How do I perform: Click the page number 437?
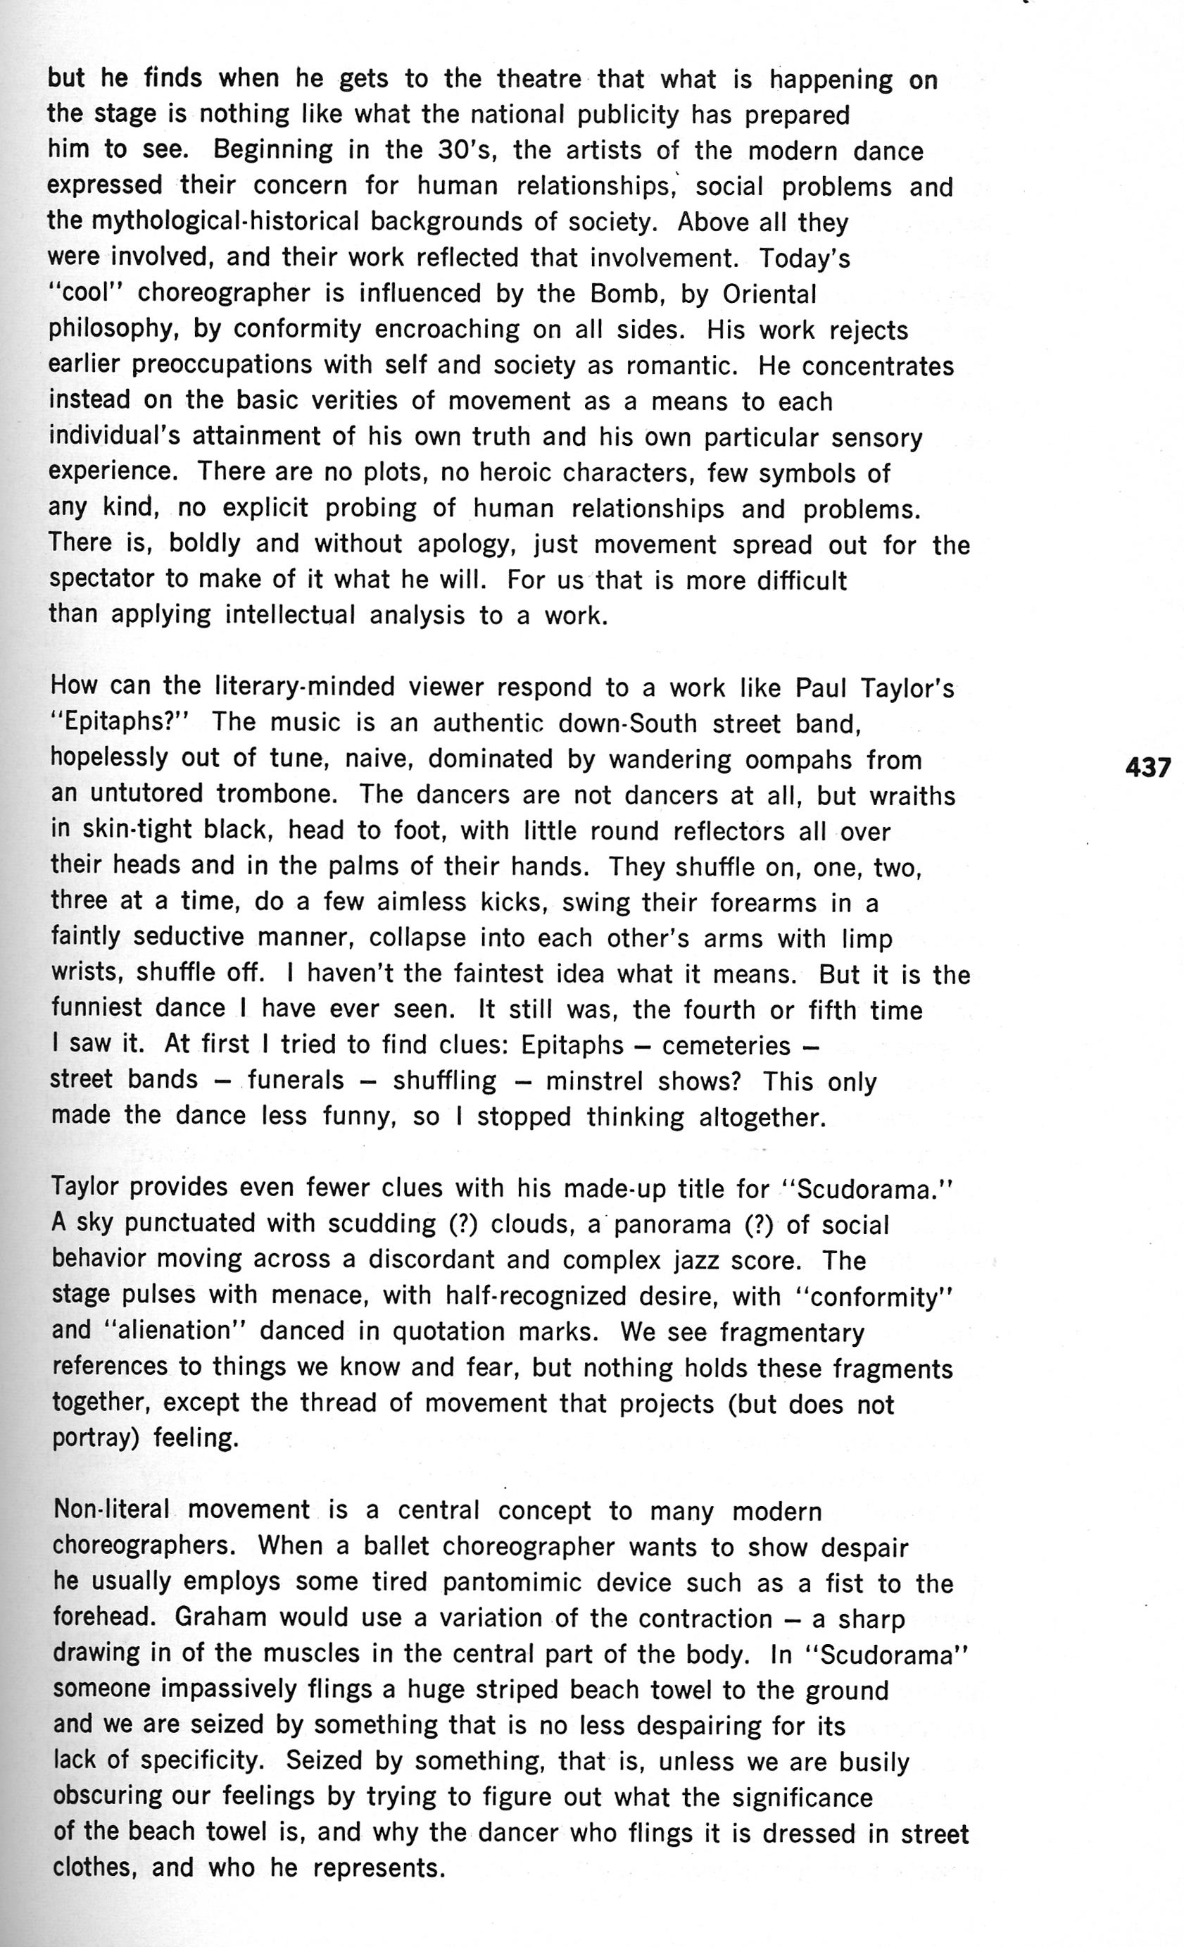[1147, 766]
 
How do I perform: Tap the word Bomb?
[623, 294]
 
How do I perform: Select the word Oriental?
[769, 294]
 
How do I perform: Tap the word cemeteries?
[726, 1045]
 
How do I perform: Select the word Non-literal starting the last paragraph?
[111, 1510]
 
